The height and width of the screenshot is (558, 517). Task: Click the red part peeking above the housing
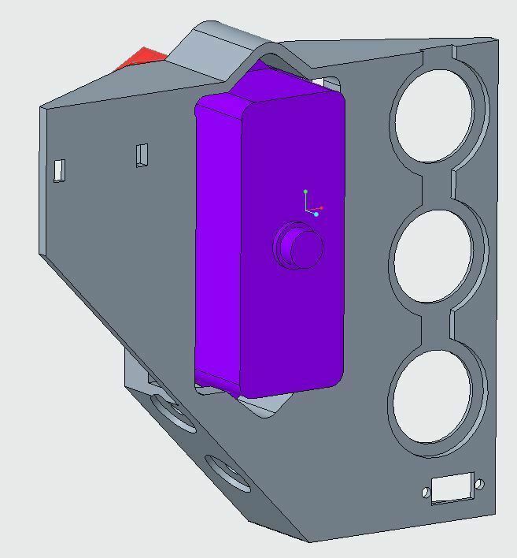click(x=142, y=59)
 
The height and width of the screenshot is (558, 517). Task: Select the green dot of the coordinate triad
click(x=305, y=192)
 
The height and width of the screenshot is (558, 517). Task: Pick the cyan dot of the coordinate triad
click(x=316, y=214)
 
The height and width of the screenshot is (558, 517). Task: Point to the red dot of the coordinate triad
click(x=321, y=208)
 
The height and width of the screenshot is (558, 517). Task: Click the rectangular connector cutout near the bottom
click(x=452, y=488)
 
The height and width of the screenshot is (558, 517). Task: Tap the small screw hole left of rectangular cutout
click(x=427, y=493)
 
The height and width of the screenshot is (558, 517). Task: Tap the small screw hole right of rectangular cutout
click(x=480, y=484)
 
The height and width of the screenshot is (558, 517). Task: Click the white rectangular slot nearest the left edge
click(x=60, y=169)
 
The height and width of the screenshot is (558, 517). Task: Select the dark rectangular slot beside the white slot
click(x=142, y=154)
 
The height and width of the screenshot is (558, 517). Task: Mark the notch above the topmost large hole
click(x=438, y=55)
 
